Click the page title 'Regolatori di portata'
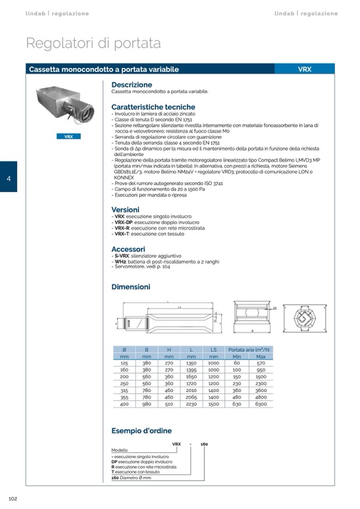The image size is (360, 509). [93, 43]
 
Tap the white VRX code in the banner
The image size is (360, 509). [305, 69]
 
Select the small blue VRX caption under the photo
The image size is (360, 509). [68, 136]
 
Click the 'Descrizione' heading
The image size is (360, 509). [132, 84]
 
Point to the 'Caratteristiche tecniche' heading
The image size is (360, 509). [153, 107]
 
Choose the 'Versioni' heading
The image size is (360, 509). [125, 210]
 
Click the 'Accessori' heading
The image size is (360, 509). [128, 249]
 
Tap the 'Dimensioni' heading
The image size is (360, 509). [131, 287]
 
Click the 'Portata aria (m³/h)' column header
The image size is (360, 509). [249, 349]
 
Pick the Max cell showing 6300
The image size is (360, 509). [261, 404]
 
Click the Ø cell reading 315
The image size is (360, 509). [124, 390]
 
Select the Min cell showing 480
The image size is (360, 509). [237, 397]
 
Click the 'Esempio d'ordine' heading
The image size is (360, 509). [141, 431]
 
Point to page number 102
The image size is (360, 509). [13, 498]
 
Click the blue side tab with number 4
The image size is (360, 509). [8, 177]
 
